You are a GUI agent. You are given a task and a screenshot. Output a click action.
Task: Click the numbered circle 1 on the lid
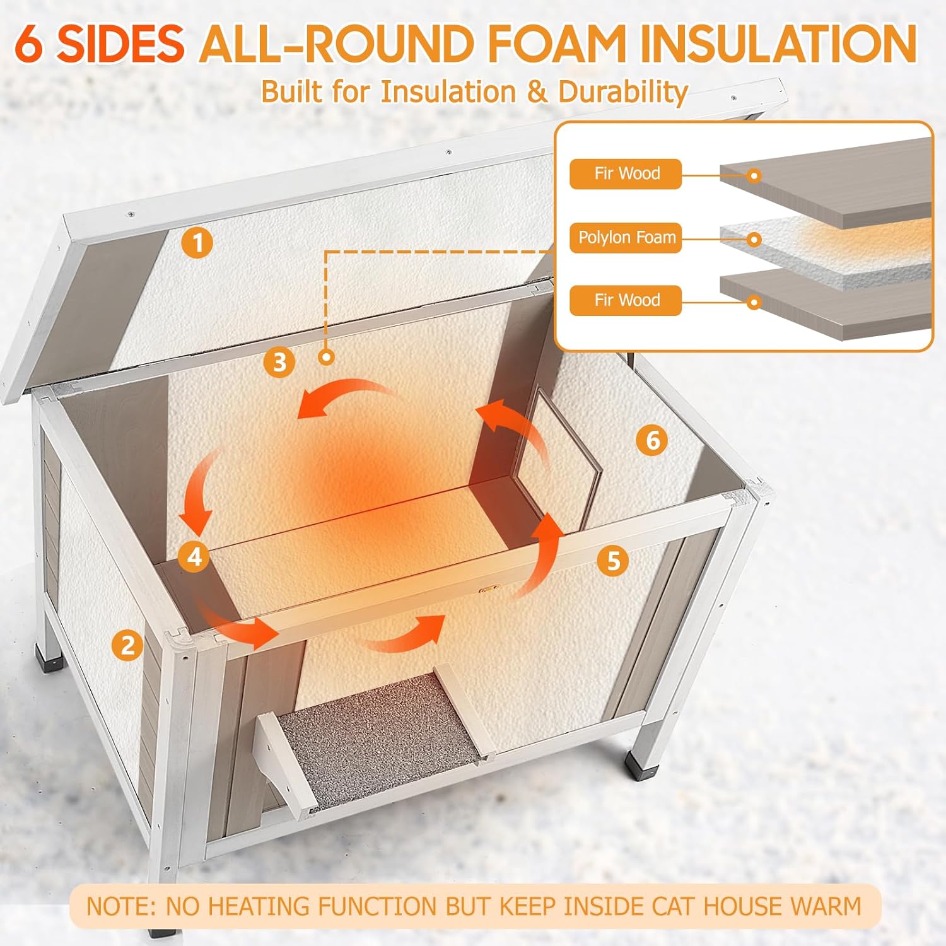pyautogui.click(x=197, y=243)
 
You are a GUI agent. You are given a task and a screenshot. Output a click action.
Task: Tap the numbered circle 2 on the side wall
pyautogui.click(x=127, y=645)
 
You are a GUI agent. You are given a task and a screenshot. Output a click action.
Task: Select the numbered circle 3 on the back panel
pyautogui.click(x=279, y=362)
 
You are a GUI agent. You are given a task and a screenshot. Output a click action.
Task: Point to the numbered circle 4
pyautogui.click(x=194, y=557)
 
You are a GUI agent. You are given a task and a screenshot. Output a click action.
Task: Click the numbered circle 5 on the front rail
pyautogui.click(x=613, y=560)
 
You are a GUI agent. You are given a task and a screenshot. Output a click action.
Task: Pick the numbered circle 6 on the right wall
pyautogui.click(x=652, y=440)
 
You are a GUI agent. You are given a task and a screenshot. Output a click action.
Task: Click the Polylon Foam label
pyautogui.click(x=626, y=238)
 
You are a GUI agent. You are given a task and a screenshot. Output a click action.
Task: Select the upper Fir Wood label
pyautogui.click(x=626, y=173)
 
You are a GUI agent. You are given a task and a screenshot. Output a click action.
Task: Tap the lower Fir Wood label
pyautogui.click(x=626, y=300)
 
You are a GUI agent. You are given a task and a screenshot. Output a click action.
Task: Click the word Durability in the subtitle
pyautogui.click(x=623, y=92)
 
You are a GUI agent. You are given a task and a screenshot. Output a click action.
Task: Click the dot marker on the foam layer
pyautogui.click(x=754, y=240)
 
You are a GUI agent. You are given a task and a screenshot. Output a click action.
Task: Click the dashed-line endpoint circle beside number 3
pyautogui.click(x=326, y=357)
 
